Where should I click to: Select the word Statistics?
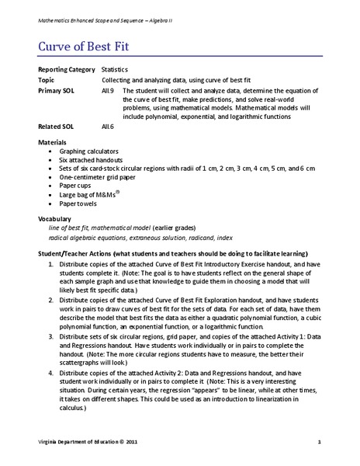point(115,70)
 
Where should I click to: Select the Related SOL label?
point(54,125)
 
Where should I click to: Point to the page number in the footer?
point(319,442)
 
